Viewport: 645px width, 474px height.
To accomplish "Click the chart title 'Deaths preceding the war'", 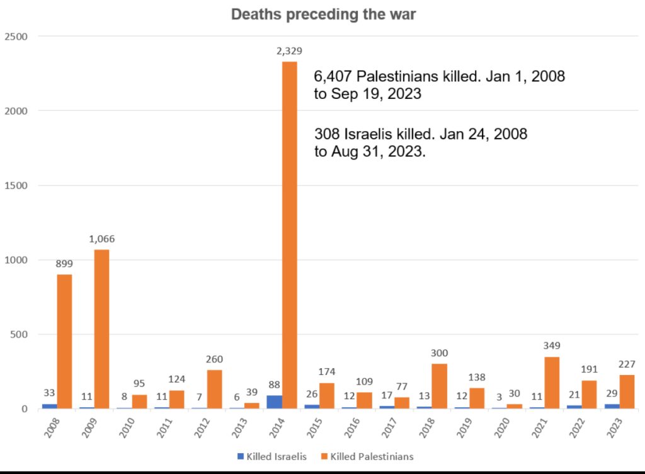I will coord(323,14).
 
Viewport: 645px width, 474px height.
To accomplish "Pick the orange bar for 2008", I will coord(64,341).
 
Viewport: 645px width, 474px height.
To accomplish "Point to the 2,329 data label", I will coord(289,51).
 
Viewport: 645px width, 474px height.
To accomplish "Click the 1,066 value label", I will coord(101,239).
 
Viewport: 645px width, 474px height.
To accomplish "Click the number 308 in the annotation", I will coord(325,134).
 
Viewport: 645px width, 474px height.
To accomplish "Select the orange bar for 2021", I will coord(552,383).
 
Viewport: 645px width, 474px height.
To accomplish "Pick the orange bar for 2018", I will coord(439,386).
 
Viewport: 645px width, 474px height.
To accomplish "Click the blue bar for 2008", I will coord(49,406).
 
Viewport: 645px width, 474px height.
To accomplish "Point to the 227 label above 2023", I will coord(627,364).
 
